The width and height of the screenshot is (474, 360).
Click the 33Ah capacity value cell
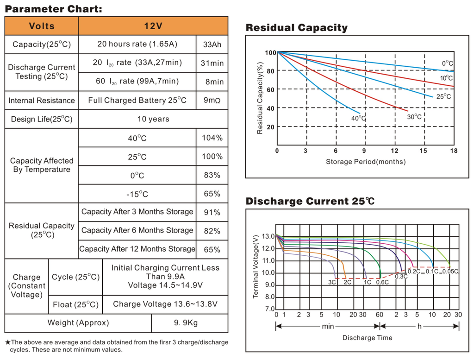212,44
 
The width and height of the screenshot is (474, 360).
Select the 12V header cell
153,26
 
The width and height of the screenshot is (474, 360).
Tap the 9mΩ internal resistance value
212,100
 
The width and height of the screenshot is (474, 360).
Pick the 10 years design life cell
153,119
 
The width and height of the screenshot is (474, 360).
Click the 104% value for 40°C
212,138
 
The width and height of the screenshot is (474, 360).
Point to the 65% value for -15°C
212,194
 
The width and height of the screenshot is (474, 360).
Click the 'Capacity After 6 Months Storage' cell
137,230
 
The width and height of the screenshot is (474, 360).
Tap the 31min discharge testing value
214,63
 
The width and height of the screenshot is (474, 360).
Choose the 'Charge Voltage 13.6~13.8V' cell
165,304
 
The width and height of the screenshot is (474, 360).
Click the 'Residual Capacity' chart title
296,28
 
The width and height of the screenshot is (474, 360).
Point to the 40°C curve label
358,118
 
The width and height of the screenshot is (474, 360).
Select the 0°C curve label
447,63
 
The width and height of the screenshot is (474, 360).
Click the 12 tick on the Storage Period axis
394,151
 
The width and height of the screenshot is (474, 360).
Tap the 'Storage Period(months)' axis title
366,162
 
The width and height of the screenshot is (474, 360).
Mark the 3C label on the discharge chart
332,282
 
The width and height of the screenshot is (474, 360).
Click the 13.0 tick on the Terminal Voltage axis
268,236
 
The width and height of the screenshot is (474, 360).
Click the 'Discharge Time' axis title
367,338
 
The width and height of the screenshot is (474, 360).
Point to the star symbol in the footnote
7,342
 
